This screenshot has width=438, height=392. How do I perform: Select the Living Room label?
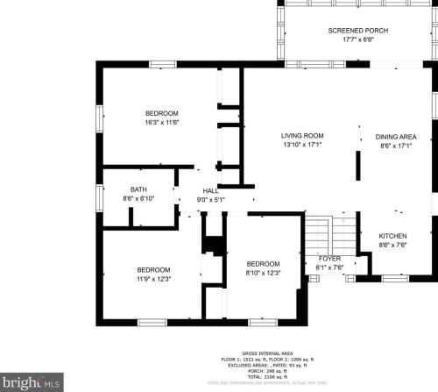[302, 136]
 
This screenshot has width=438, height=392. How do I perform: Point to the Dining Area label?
[395, 137]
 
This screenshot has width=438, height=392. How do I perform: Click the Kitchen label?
[392, 237]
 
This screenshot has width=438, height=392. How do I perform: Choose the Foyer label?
[328, 259]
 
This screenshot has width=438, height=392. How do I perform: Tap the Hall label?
[211, 191]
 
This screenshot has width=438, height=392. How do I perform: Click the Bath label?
[138, 189]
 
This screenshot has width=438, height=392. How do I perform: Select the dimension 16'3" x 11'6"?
[162, 123]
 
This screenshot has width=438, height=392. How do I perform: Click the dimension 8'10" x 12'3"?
[263, 274]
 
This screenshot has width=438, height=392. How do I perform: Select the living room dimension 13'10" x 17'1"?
[302, 146]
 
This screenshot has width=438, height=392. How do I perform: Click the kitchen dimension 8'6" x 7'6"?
[392, 246]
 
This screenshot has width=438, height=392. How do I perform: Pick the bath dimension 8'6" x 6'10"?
[138, 198]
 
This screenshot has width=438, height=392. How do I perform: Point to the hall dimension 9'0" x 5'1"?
[211, 200]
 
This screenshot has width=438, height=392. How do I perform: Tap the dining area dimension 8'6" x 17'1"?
[395, 146]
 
